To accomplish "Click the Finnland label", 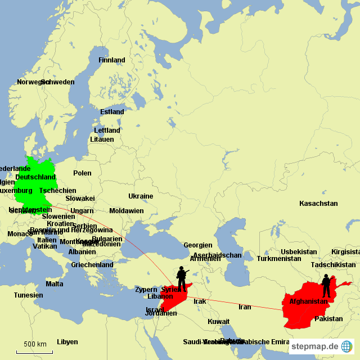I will tap(112, 60).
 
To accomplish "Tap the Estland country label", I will tap(112, 112).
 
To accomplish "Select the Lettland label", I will tap(107, 130).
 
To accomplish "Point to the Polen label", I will tap(82, 173).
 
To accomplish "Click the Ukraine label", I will tap(141, 196).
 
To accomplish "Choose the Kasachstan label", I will tap(318, 203).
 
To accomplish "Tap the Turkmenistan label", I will tap(279, 259).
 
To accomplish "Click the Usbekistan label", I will tap(299, 251).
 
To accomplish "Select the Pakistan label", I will tap(328, 319).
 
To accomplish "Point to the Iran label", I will tap(245, 307).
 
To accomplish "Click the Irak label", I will tap(200, 301).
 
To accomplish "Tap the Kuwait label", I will tap(218, 322).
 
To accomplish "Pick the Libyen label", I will tap(67, 341).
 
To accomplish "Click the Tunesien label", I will tap(28, 295).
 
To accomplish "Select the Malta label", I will tap(55, 284).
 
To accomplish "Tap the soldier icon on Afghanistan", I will tap(326, 286).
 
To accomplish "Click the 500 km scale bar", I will tap(34, 352).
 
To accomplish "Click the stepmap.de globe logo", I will tap(347, 346).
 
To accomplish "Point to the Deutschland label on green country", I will tap(35, 177).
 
